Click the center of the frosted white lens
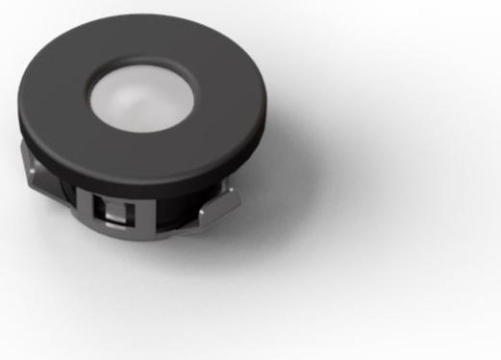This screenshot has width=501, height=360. click(x=140, y=96)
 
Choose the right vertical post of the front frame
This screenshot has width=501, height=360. click(x=138, y=214)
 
